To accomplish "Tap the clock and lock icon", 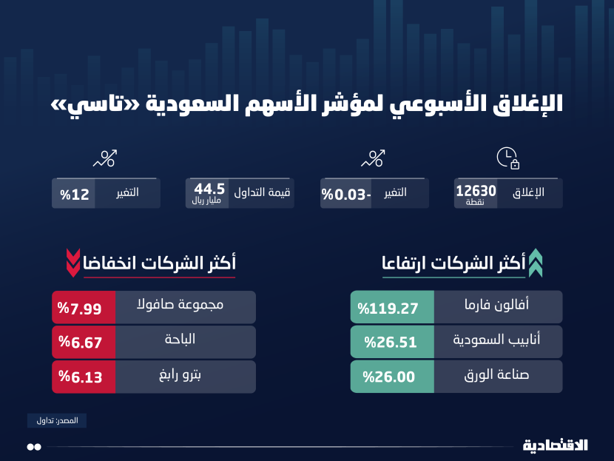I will (507, 158).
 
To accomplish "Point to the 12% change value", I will (75, 194).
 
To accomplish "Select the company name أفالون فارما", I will (498, 306).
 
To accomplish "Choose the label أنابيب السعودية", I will (498, 341).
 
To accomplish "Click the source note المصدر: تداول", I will (57, 420).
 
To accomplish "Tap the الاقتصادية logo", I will (556, 445).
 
